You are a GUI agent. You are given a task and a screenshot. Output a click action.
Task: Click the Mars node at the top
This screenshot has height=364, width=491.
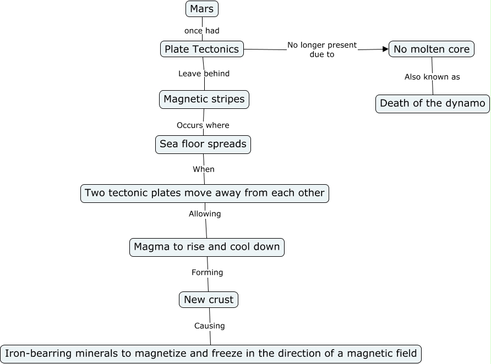[x=202, y=9]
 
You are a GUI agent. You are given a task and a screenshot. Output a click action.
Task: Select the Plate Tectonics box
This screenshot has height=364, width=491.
[x=202, y=49]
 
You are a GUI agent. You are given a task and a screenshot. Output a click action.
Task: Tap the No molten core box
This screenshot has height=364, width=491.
[x=432, y=49]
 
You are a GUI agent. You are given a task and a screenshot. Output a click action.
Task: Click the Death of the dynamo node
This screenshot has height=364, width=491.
[x=433, y=103]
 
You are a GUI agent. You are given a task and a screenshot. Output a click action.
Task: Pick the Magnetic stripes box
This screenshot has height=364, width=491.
[x=204, y=100]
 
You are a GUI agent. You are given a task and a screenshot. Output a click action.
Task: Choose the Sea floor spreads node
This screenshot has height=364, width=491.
[x=203, y=145]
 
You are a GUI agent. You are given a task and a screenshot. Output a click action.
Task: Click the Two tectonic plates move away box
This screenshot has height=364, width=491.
[x=205, y=194]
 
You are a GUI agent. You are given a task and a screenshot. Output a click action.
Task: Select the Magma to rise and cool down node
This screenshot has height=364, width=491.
[x=207, y=247]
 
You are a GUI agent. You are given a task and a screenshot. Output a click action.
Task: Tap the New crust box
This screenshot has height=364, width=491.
[x=209, y=300]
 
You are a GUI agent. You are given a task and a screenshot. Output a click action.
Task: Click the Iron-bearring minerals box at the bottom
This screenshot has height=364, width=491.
[x=211, y=354]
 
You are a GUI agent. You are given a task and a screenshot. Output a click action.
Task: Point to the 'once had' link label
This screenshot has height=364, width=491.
[x=202, y=31]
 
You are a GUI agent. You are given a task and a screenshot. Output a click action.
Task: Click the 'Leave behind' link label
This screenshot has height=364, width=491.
[x=204, y=74]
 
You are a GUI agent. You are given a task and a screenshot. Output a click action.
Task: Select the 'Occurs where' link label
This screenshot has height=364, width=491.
[x=203, y=125]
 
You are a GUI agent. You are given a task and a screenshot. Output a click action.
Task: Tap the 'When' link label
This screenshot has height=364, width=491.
[x=204, y=169]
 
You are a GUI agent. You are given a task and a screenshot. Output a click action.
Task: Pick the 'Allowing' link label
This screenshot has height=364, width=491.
[x=205, y=214]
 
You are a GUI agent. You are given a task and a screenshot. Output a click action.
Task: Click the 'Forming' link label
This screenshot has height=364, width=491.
[x=207, y=273]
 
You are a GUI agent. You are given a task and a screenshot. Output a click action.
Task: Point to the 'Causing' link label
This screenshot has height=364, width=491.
[x=210, y=326]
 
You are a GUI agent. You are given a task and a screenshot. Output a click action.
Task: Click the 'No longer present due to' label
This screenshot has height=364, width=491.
[x=322, y=49]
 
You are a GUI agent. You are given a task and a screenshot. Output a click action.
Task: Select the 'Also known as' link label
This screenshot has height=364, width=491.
[x=432, y=77]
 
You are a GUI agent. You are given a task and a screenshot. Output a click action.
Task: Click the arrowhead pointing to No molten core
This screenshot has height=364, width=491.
[x=385, y=49]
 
